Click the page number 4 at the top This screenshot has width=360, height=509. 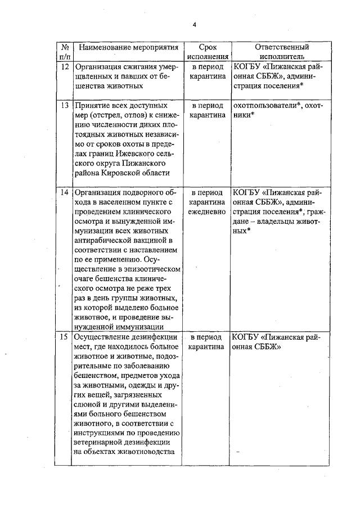click(195, 24)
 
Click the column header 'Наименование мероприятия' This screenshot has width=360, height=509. click(127, 47)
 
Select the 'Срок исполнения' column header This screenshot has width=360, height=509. click(207, 52)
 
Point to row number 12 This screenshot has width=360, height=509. click(65, 66)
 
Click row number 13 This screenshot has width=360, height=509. click(65, 105)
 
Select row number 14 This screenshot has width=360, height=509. click(65, 192)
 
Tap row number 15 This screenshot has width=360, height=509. click(65, 337)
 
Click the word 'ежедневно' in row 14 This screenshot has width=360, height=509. click(207, 211)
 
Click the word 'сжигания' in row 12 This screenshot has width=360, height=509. click(138, 66)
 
